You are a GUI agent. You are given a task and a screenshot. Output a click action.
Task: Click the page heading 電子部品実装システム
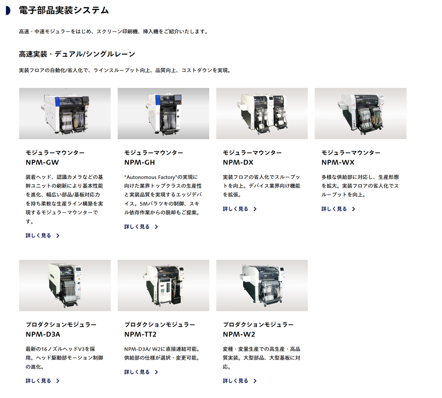coord(64,10)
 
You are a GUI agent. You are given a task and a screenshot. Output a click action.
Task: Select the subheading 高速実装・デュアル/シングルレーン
coord(77,54)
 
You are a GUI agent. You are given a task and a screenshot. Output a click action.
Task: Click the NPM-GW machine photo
coord(65,114)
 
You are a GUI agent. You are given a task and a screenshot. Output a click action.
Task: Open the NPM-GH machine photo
coord(163,114)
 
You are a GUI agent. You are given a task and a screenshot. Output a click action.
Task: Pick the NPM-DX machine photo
coord(262,114)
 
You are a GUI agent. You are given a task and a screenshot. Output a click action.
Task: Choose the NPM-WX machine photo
coord(361,114)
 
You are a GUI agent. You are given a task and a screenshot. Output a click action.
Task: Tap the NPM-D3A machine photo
coord(65,285)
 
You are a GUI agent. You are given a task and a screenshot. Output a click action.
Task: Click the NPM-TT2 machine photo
coord(163,285)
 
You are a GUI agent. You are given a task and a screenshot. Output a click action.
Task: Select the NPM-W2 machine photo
coord(262,285)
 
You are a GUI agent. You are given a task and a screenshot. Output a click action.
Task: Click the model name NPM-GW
coord(42,163)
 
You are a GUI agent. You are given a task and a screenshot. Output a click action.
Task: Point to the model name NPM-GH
coord(140,163)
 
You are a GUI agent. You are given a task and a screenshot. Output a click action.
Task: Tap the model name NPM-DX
coord(238,163)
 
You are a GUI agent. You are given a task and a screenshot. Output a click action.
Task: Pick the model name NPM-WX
coord(338,163)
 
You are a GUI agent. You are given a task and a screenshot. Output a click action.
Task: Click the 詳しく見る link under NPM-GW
coord(38,235)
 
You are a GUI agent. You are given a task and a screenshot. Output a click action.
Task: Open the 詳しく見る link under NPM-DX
coord(236,209)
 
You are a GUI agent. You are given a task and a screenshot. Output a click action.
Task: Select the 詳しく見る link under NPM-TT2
coord(137,372)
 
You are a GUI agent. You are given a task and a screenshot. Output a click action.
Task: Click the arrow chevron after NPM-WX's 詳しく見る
coord(354,209)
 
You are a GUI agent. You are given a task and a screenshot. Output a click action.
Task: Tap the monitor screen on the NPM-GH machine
coord(177,98)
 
